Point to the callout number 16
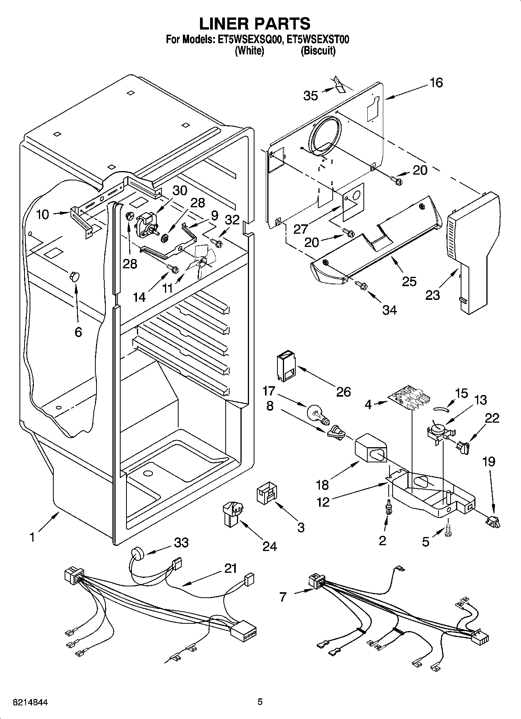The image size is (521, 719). pyautogui.click(x=437, y=82)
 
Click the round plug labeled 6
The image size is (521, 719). pyautogui.click(x=74, y=276)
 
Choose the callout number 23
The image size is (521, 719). pyautogui.click(x=432, y=295)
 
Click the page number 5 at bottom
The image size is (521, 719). pyautogui.click(x=260, y=702)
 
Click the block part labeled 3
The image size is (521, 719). pyautogui.click(x=267, y=493)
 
